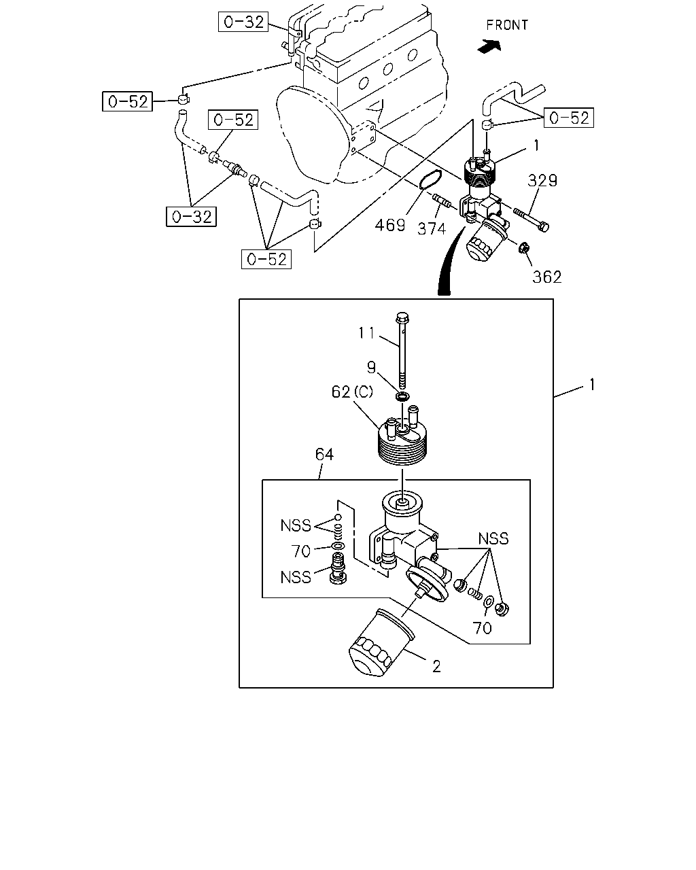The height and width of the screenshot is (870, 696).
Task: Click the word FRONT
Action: tap(507, 25)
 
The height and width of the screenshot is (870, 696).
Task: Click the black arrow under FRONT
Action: tap(489, 46)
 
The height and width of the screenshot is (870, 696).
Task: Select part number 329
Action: tap(542, 180)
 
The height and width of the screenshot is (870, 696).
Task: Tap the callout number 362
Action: tap(546, 277)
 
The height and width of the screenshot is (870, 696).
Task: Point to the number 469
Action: tap(390, 225)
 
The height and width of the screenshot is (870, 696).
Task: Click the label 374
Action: tap(432, 229)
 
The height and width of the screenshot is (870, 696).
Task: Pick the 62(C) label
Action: tap(352, 391)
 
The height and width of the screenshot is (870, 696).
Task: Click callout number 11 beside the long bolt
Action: tap(366, 333)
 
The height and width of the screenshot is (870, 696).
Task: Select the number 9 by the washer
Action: tap(371, 368)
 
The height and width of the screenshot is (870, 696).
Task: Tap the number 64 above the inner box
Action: tap(324, 455)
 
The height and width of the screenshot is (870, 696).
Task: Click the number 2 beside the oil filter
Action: tap(436, 667)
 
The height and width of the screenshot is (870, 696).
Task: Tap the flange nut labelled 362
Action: tap(524, 248)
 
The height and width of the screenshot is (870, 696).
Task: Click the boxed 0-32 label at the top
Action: tap(243, 22)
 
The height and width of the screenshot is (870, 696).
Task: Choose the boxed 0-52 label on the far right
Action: tap(569, 118)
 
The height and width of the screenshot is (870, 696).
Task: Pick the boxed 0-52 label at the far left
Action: tap(127, 101)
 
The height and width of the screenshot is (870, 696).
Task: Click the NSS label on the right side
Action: tap(493, 538)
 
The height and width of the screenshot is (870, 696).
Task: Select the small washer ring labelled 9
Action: tap(402, 396)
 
